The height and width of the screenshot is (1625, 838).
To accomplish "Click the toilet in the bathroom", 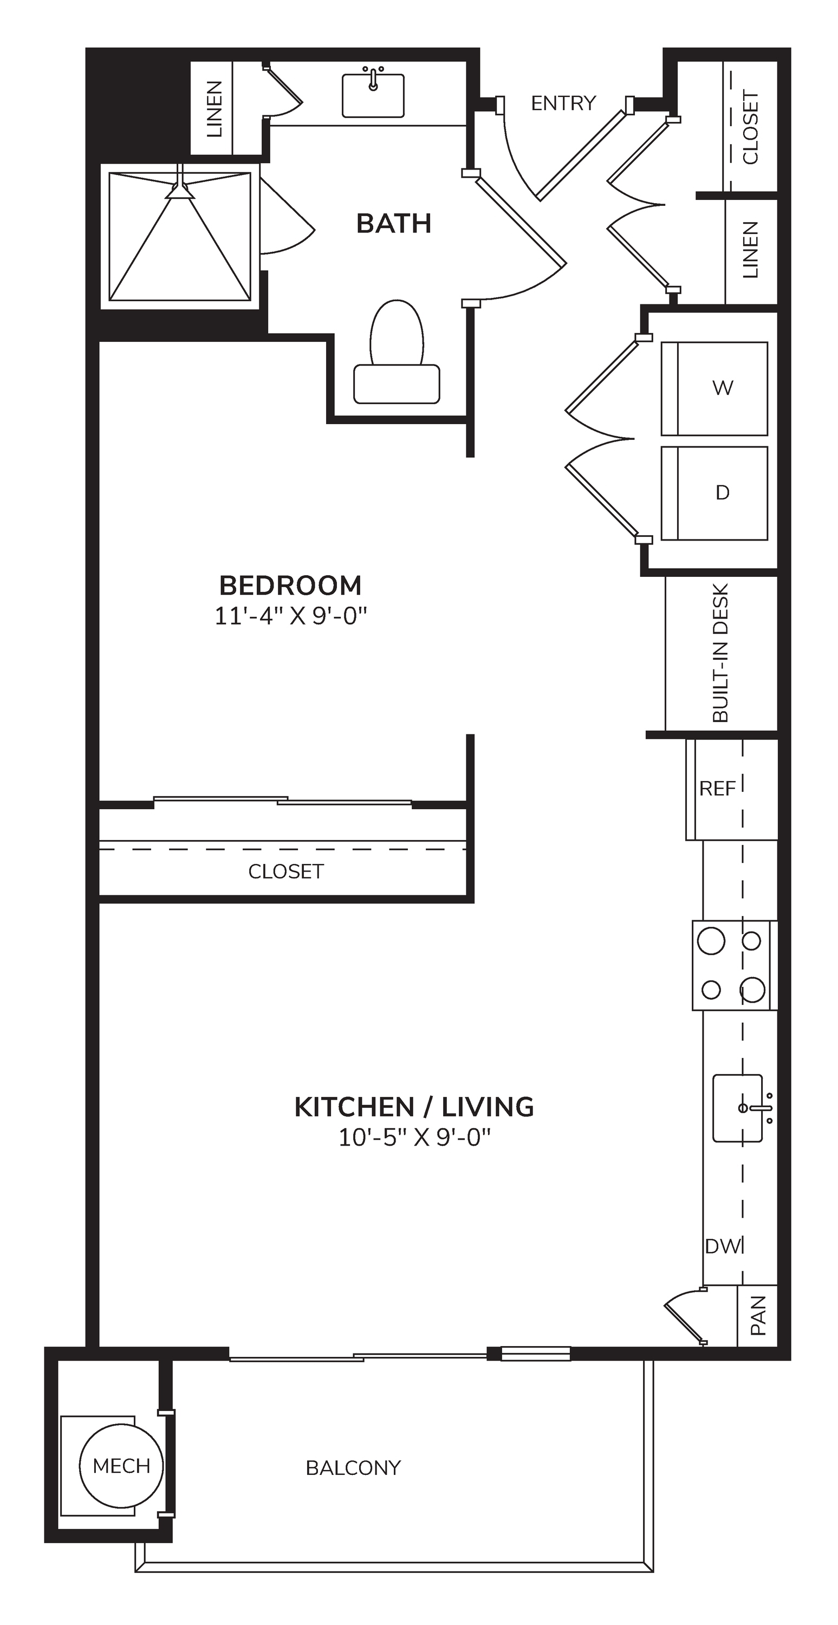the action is point(397,352).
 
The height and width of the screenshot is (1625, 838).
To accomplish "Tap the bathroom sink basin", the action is point(373,96).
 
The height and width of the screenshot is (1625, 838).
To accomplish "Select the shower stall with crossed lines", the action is point(180,237).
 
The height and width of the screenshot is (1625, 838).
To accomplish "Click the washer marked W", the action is point(714,388).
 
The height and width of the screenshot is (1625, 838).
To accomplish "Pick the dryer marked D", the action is point(714,493).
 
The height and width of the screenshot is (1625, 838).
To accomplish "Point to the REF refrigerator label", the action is point(718,789).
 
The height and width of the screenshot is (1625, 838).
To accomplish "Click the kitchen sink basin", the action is point(738,1108).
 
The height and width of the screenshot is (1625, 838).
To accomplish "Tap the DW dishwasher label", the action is point(723,1246).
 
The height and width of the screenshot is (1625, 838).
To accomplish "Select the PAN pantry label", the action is point(758,1315).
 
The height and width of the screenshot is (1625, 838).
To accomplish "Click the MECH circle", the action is point(121,1466).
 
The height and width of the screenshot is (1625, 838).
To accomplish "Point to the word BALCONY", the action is point(353,1468).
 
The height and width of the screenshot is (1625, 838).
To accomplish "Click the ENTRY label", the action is point(563,103).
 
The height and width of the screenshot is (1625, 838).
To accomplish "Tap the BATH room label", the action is point(394,223).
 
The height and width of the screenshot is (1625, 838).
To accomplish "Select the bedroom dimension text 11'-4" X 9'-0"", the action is point(291,616).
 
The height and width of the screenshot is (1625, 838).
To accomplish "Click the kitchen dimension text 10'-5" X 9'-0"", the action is point(414,1137).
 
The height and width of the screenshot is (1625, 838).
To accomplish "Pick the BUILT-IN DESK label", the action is point(720,653).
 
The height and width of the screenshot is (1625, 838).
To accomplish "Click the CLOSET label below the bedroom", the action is point(286,871).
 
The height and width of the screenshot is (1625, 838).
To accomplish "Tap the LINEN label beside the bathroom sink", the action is point(215,109).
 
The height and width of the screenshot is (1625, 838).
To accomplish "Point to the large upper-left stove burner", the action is point(711,942).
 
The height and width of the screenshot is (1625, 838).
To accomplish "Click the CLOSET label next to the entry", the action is point(750,128).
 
